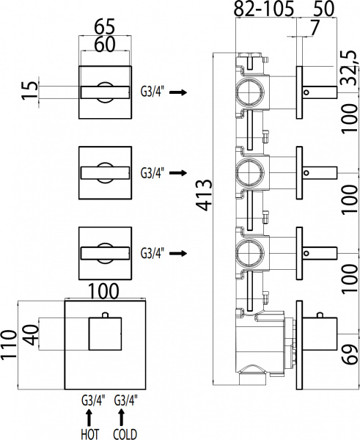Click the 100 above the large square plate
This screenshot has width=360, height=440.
(103, 290)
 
